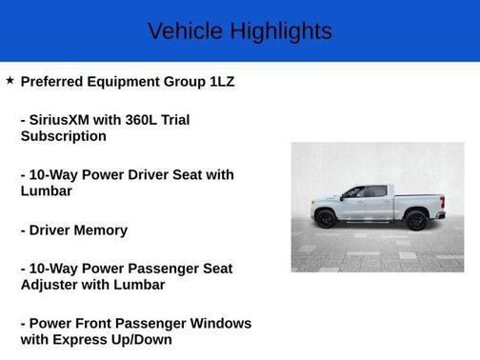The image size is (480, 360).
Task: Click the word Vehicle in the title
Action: coord(178,30)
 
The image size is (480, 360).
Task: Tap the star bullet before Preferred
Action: coord(10,81)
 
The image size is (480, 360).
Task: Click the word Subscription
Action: coord(63,136)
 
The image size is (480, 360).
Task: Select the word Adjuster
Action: coord(51,285)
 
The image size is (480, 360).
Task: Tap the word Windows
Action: coord(219,323)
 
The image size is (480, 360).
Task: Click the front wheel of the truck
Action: coord(326,220)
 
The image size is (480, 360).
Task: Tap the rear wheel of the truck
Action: coord(416,220)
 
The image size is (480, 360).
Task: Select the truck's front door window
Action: coord(355,192)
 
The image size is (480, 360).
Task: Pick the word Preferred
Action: coord(56,82)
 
